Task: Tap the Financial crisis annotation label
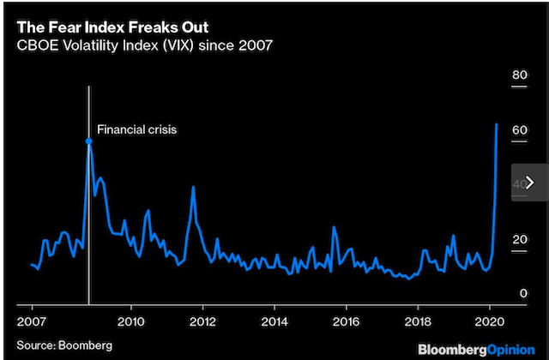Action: [x=136, y=130]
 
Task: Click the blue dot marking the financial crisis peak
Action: [x=88, y=141]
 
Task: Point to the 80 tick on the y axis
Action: [x=519, y=75]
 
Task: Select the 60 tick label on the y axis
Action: [x=519, y=130]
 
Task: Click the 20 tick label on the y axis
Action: [x=519, y=239]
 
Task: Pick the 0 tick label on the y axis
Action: [x=522, y=293]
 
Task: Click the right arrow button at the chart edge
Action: [x=529, y=182]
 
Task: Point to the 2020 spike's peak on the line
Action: [x=498, y=124]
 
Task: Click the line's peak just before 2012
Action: [x=194, y=187]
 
